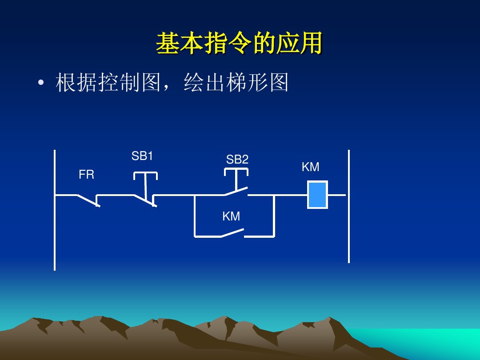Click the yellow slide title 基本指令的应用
point(239,44)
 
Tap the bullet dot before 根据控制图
point(41,83)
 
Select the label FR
point(86,175)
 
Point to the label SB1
point(142,156)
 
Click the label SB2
point(237,160)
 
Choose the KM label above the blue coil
point(310,167)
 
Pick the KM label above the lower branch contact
point(231,216)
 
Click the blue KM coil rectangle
point(317,195)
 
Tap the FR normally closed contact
point(88,200)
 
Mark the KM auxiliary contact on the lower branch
point(232,233)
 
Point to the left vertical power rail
point(55,231)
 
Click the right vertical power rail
point(349,231)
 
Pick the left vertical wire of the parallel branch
point(195,216)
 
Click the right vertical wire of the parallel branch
point(274,216)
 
